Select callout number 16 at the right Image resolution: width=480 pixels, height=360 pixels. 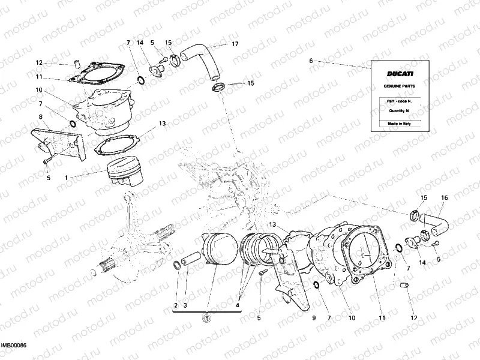point(445,197)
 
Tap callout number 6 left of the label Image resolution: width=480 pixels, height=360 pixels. point(311,61)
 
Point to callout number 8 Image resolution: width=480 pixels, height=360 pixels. point(40,117)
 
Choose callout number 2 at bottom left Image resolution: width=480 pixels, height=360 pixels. point(176,305)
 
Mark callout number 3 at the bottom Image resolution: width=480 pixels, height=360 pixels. point(185,305)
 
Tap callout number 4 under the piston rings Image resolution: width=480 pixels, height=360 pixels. point(238,305)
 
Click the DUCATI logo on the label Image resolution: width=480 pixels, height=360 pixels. point(399,74)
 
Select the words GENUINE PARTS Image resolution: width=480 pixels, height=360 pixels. point(399,86)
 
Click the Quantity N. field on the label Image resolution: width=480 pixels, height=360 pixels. point(399,110)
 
